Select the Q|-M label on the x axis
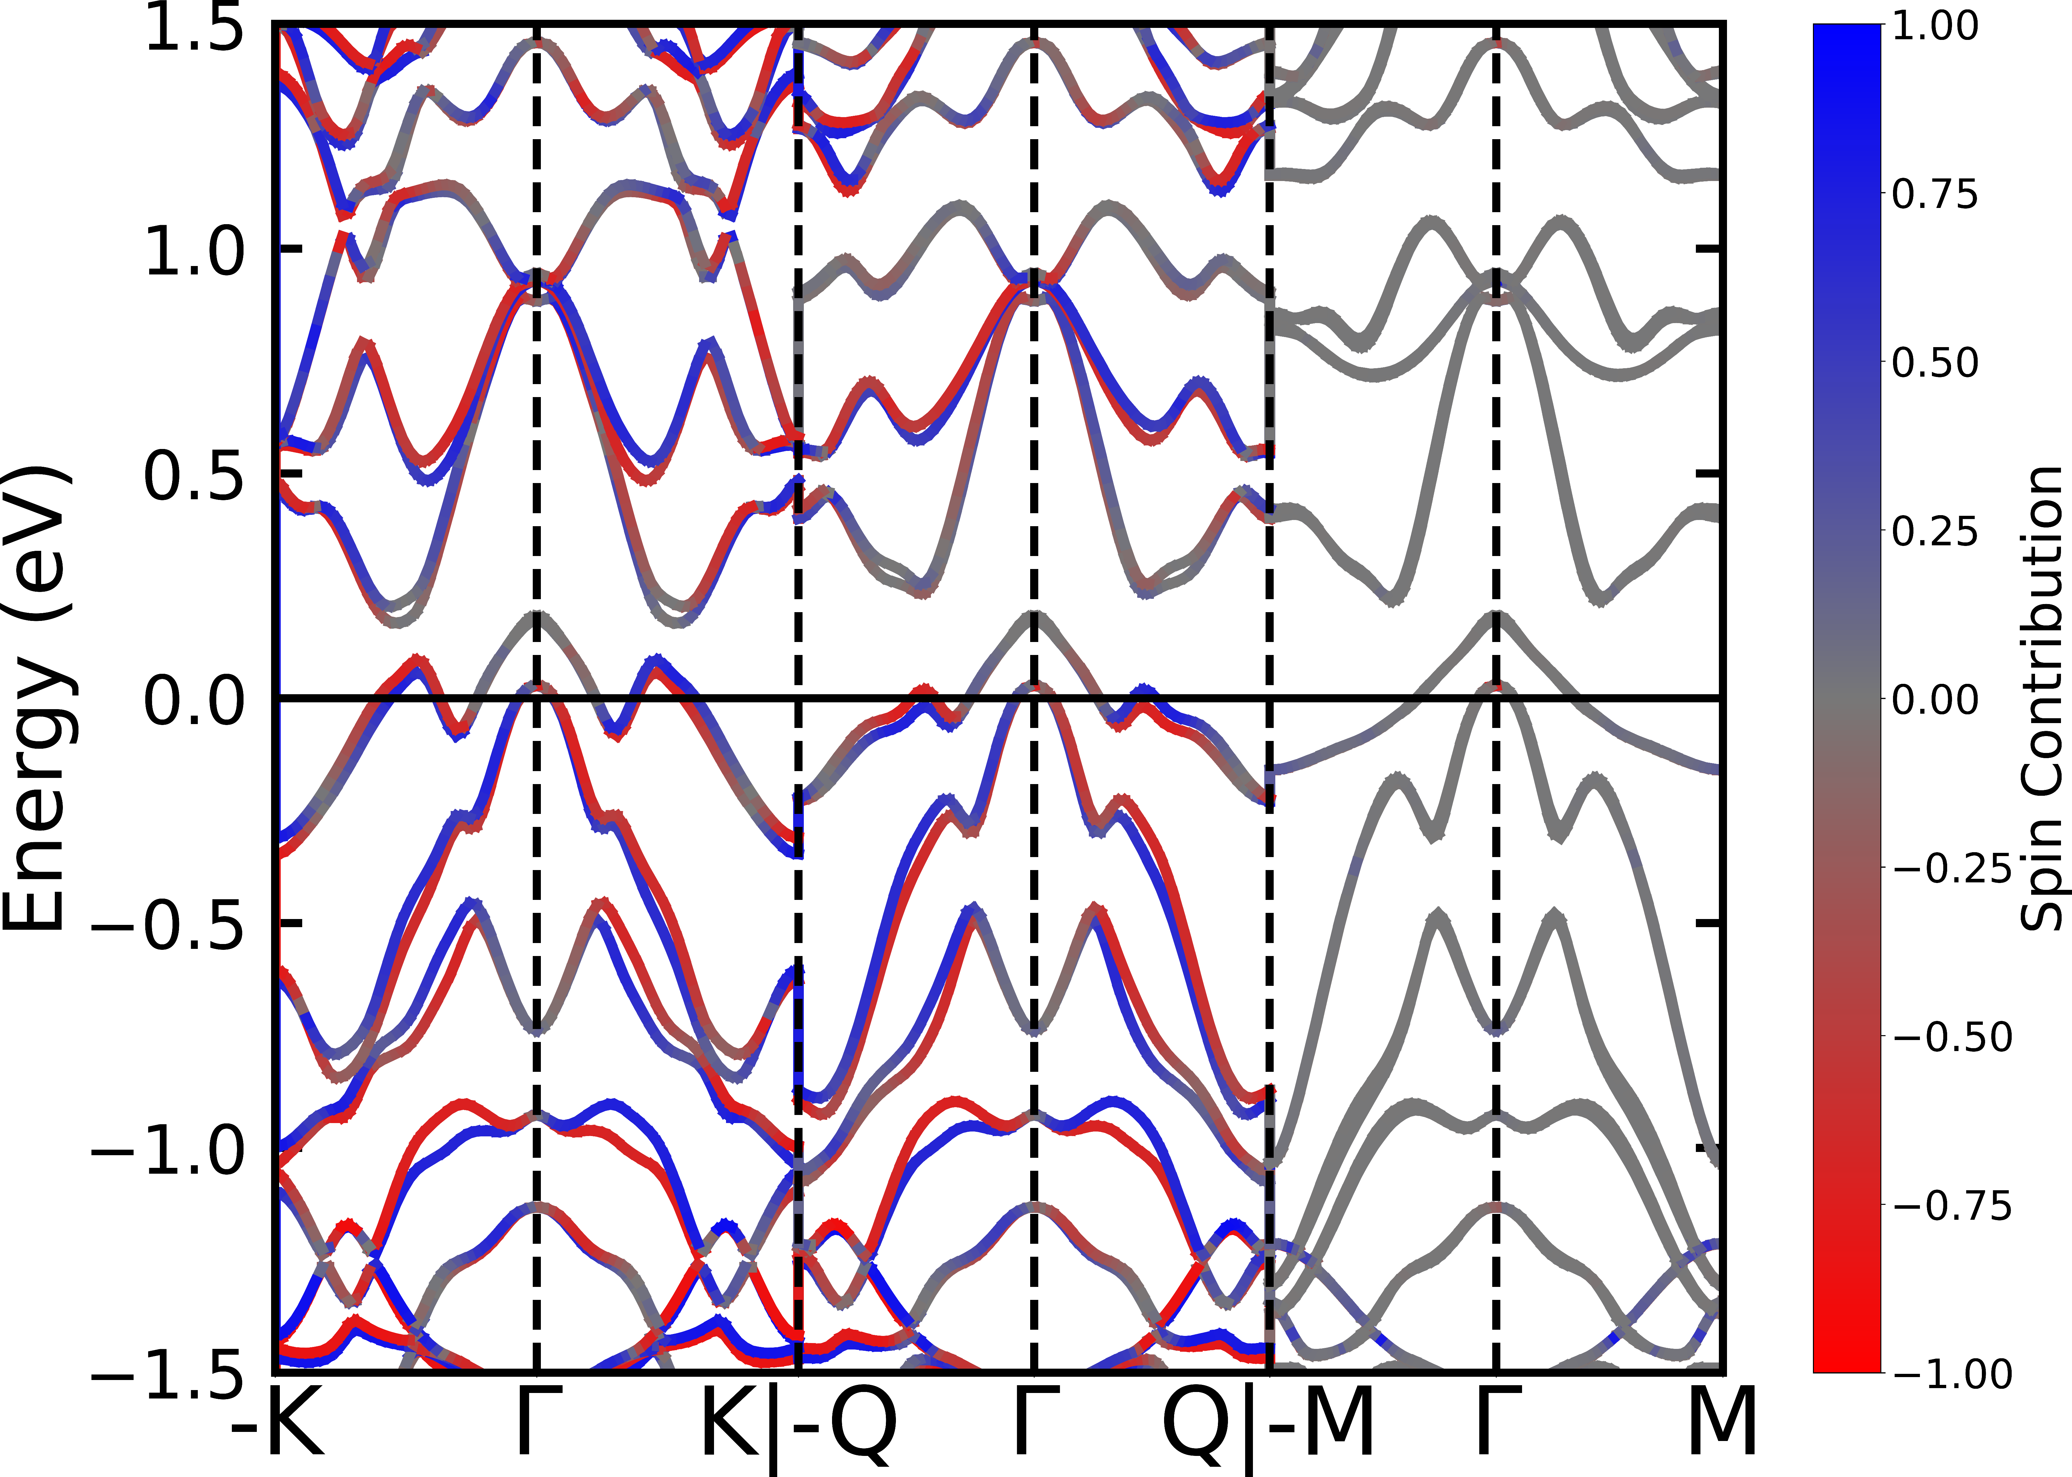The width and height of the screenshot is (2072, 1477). (x=1268, y=1426)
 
